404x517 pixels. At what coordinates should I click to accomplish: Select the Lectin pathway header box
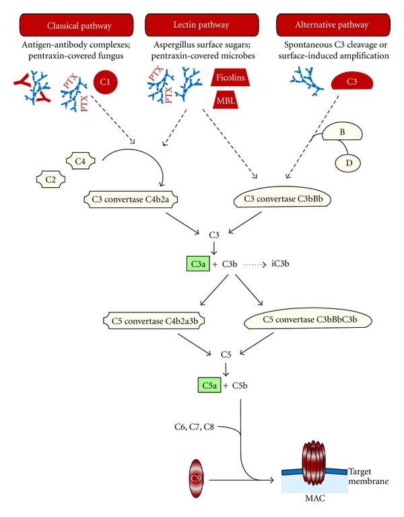[x=201, y=26]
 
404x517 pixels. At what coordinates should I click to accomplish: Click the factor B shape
[x=341, y=133]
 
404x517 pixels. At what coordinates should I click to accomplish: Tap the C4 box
[x=81, y=161]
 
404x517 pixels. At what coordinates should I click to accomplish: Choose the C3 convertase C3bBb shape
[x=285, y=199]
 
